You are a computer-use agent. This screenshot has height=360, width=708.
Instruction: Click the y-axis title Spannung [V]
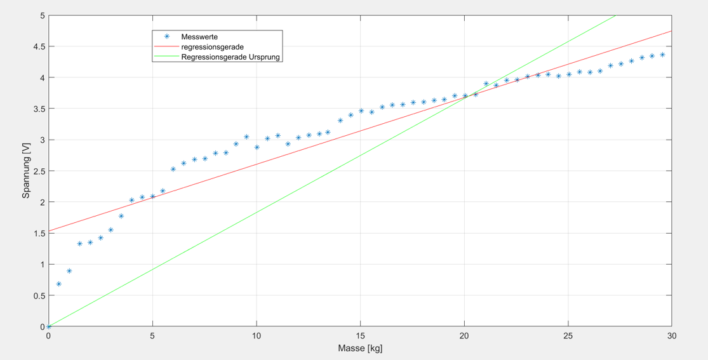[x=26, y=171]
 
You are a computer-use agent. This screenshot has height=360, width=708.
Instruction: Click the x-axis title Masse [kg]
[x=360, y=348]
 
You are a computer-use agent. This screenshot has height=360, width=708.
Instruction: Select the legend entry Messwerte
[x=199, y=37]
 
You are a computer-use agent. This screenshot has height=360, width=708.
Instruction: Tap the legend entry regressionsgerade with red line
[x=212, y=47]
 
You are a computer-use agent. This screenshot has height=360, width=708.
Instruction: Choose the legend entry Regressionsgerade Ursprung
[x=230, y=57]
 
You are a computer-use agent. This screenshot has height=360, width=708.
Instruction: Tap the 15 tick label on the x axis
[x=360, y=336]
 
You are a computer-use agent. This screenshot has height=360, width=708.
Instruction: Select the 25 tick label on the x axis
[x=568, y=336]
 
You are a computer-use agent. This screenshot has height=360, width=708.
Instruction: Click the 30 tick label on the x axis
[x=672, y=336]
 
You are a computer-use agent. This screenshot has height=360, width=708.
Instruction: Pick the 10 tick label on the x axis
[x=257, y=336]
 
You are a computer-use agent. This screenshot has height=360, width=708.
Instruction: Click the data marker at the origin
[x=49, y=326]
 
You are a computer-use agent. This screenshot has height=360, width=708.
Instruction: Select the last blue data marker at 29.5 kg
[x=662, y=55]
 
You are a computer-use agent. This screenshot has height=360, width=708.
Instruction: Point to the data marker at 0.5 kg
[x=59, y=284]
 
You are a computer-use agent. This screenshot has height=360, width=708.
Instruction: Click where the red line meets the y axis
[x=49, y=230]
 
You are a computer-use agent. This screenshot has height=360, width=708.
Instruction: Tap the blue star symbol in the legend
[x=167, y=37]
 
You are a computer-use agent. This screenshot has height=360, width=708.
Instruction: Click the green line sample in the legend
[x=166, y=57]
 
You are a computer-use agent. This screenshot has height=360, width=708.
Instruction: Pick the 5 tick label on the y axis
[x=41, y=15]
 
